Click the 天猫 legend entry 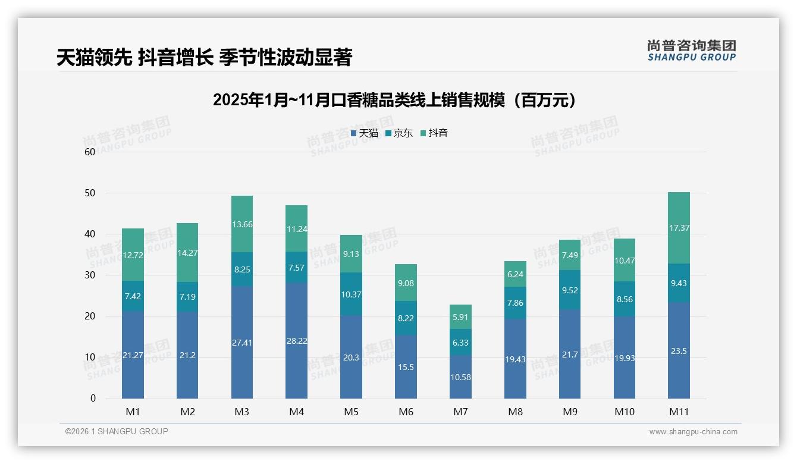pos(365,133)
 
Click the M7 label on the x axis pos(461,412)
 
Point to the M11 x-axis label pos(679,412)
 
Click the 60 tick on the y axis pos(90,152)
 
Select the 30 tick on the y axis pos(90,275)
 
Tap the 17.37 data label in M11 pos(679,228)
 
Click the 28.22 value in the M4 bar pos(296,341)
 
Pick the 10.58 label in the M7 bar pos(461,377)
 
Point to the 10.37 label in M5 pos(351,294)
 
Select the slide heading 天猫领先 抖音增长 pos(204,57)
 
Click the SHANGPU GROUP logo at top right pos(691,50)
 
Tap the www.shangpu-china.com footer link pos(693,432)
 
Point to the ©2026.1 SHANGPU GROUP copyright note pos(117,431)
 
